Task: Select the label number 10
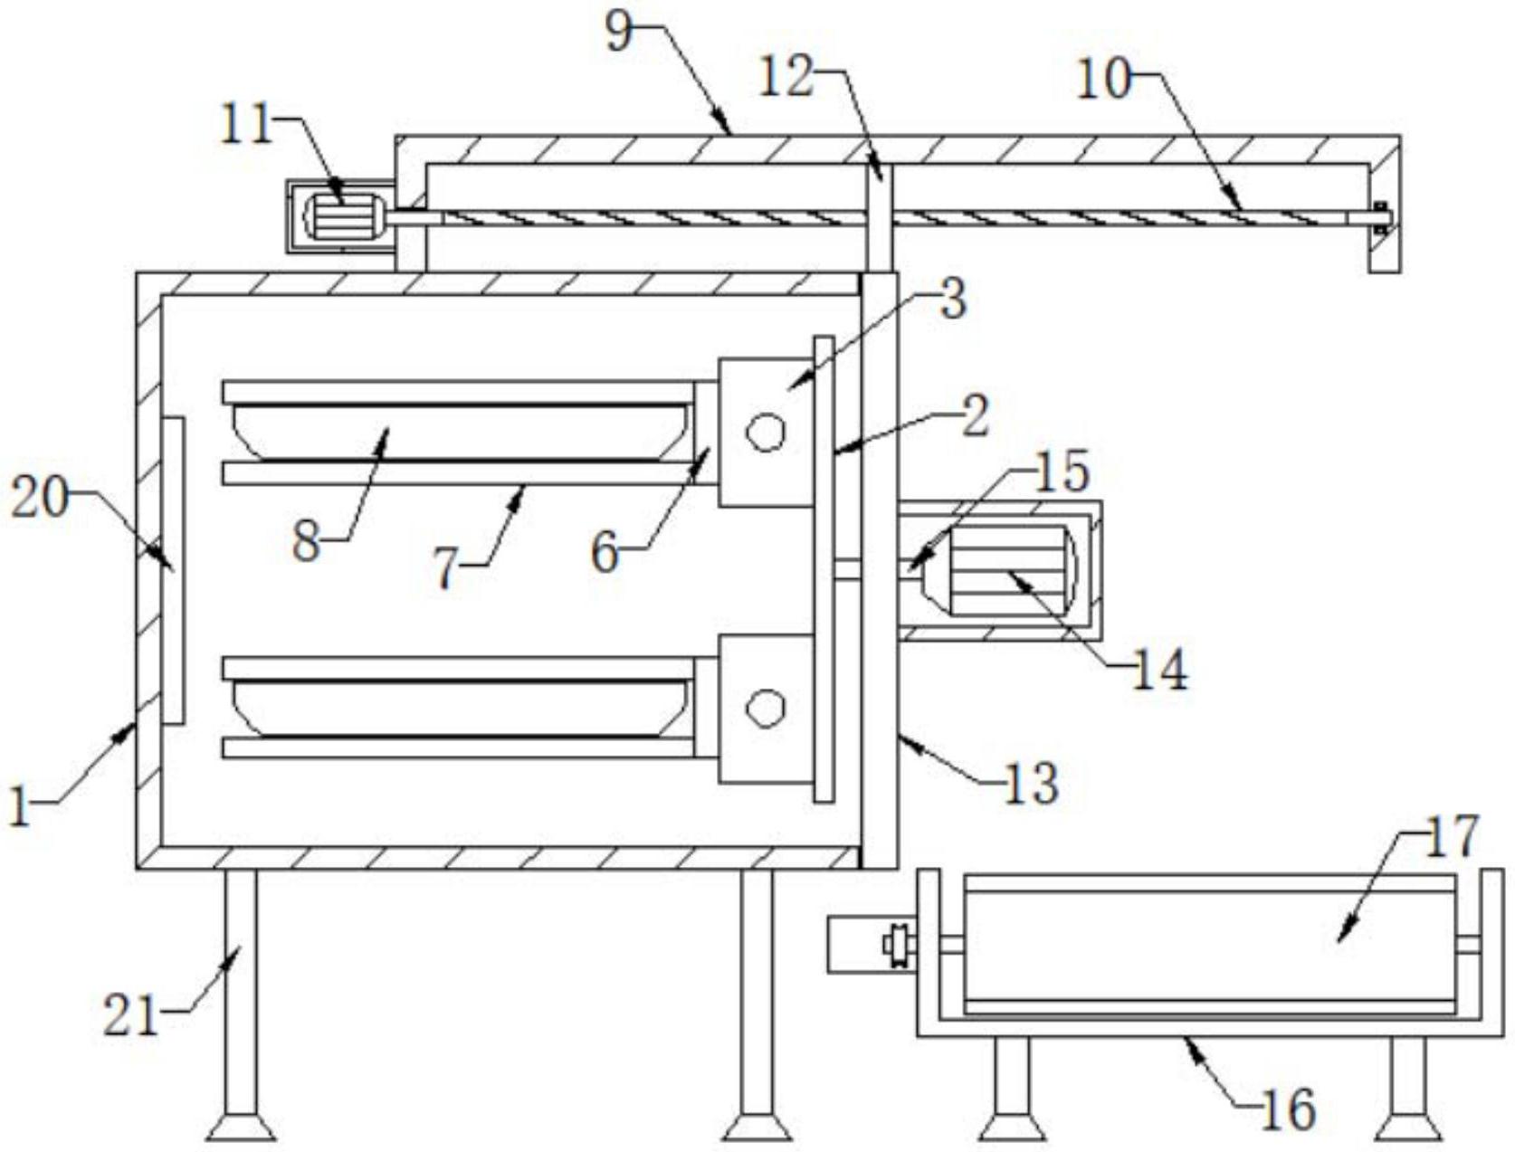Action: coord(1103,80)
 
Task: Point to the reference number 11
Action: coord(246,124)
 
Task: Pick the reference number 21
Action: coord(130,1014)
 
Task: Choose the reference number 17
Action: coord(1452,837)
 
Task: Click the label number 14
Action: coord(1160,671)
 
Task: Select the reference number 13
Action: coord(1031,783)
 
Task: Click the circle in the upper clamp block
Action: coord(765,432)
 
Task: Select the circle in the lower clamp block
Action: coord(765,708)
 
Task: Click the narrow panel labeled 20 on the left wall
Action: coord(173,570)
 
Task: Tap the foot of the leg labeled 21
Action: coord(240,1128)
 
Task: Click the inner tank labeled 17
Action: coord(1209,945)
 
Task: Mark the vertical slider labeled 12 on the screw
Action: coord(878,217)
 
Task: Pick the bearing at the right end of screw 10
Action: coord(1379,217)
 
